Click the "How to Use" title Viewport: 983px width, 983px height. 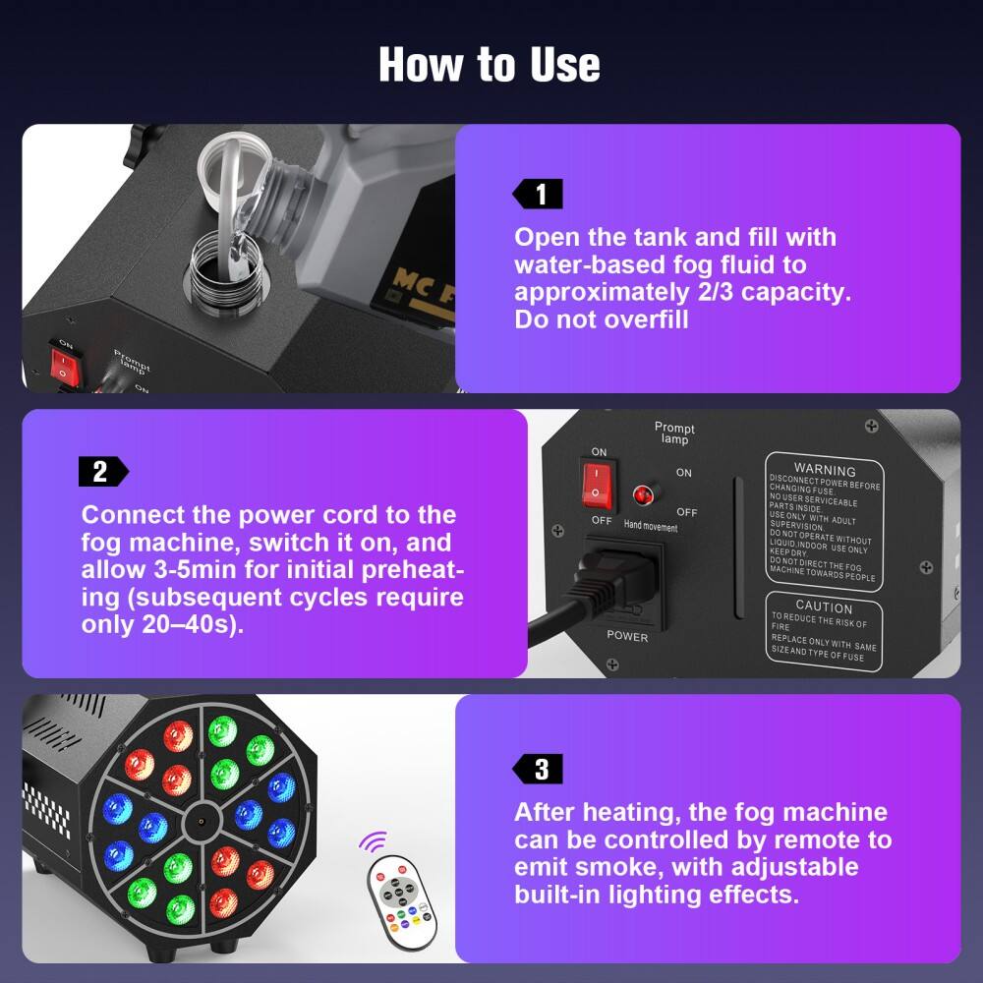(x=490, y=65)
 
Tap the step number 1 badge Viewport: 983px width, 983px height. (x=539, y=195)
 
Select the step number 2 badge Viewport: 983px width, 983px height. (x=101, y=472)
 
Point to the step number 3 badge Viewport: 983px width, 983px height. (x=539, y=770)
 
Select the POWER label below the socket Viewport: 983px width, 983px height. (x=627, y=636)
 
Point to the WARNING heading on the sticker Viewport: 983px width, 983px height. (x=824, y=470)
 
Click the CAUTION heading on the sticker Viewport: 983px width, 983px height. (x=824, y=607)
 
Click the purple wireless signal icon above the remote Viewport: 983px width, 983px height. (x=373, y=842)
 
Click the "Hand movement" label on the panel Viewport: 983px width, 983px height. (x=651, y=526)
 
